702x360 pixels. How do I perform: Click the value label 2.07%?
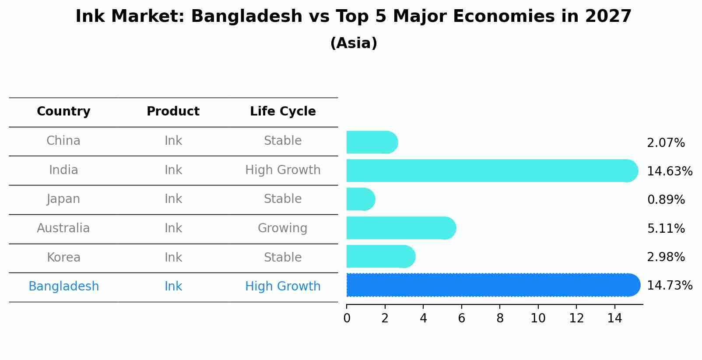[666, 143]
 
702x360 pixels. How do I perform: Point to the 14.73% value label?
[669, 286]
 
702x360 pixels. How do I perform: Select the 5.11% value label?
[666, 229]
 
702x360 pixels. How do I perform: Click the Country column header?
[63, 112]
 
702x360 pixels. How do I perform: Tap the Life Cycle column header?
[283, 112]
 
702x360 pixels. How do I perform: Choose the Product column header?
[173, 112]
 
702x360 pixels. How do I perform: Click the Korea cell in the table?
[63, 258]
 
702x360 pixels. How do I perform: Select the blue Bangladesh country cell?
[63, 287]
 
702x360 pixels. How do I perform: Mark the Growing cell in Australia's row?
[283, 228]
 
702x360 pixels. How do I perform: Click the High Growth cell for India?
[283, 170]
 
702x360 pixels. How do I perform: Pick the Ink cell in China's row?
[173, 141]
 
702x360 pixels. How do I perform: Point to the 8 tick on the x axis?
[500, 318]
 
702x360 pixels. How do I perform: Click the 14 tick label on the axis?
[614, 318]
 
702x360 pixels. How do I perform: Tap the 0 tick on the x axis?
[347, 318]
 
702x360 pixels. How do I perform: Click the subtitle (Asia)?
[354, 43]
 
